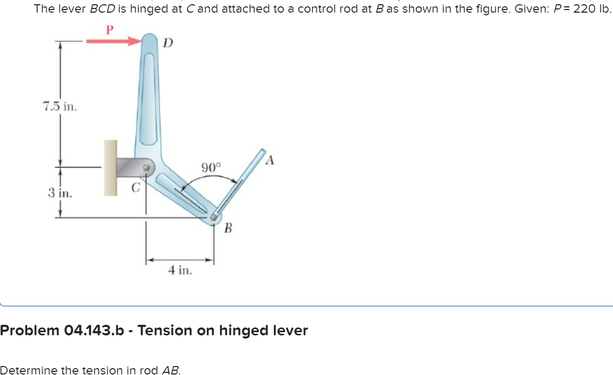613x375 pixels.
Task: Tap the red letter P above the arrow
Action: coord(109,29)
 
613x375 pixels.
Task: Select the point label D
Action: coord(167,42)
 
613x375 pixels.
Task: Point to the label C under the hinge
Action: coord(135,187)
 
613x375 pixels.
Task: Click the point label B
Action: coord(228,228)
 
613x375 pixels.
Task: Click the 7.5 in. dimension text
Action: coord(59,106)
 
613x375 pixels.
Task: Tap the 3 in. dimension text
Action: coord(60,192)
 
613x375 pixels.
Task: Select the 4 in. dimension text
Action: coord(180,270)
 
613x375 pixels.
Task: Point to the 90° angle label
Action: coord(211,167)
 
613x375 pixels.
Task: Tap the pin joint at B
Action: coord(214,216)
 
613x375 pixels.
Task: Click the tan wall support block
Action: coord(110,168)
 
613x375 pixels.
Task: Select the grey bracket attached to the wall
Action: coord(130,167)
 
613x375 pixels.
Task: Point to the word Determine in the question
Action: coord(25,370)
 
